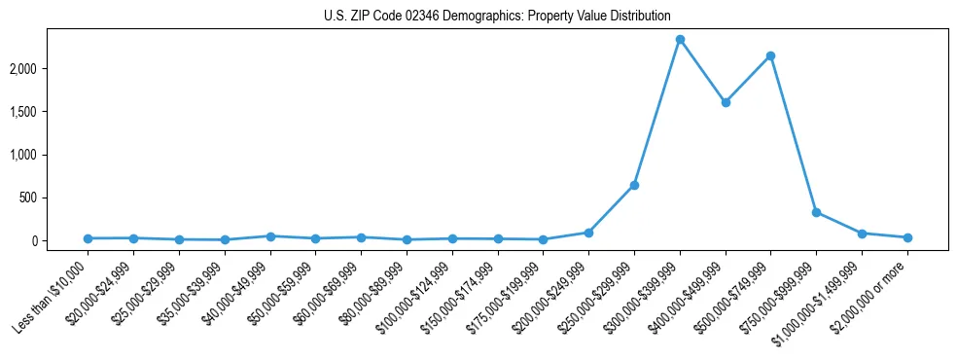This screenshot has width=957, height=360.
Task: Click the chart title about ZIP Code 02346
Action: tap(497, 16)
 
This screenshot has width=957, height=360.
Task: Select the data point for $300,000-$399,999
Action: tap(680, 40)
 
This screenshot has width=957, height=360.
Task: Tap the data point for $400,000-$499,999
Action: tap(726, 102)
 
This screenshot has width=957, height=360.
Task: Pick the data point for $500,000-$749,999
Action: tap(770, 55)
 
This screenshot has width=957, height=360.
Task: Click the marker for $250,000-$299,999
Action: tap(634, 185)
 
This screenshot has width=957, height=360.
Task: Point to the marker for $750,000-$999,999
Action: tap(816, 212)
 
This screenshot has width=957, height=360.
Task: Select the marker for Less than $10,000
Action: tap(88, 238)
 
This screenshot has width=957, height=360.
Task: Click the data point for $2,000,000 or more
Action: tap(907, 237)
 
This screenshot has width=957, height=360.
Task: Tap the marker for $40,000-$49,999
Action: tap(270, 236)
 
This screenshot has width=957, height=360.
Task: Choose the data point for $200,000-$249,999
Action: tap(588, 233)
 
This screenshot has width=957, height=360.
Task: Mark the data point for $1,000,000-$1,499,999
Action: tap(862, 234)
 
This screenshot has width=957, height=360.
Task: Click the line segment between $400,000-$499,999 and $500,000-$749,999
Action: tap(748, 79)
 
